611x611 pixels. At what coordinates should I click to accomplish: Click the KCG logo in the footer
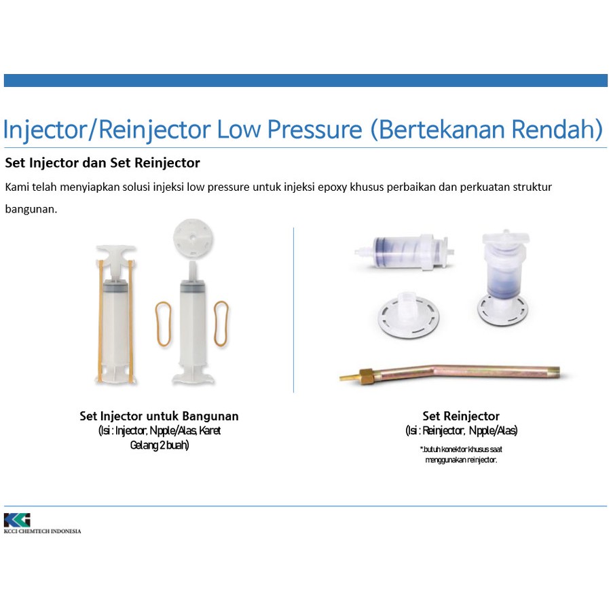pos(17,520)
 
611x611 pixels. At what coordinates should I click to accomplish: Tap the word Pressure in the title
pos(315,130)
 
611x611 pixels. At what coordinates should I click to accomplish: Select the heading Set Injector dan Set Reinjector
pos(103,163)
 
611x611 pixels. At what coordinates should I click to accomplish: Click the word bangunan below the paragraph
pos(31,209)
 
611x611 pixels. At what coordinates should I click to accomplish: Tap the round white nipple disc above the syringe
pos(193,238)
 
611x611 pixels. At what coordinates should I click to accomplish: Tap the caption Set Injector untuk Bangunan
pos(159,415)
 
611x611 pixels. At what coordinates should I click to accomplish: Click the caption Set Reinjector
pos(461,415)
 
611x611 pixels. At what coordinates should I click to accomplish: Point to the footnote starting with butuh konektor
pos(461,454)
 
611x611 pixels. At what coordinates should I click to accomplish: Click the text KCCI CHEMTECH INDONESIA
pos(43,531)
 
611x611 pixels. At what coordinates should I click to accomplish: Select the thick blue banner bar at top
pos(305,80)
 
